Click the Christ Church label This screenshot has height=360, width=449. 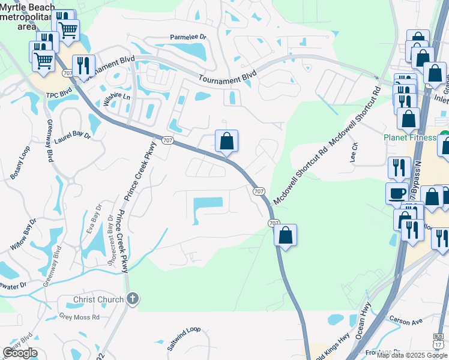click(x=98, y=299)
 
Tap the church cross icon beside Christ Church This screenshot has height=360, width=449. click(x=133, y=298)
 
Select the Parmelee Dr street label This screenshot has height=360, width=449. click(x=188, y=37)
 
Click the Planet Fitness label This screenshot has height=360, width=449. click(x=410, y=137)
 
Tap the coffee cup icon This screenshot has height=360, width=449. click(x=397, y=193)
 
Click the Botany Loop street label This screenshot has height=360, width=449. click(x=23, y=160)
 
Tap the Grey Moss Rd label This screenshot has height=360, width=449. click(x=79, y=316)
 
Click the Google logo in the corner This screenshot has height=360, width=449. click(x=20, y=353)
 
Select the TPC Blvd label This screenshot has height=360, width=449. click(x=59, y=94)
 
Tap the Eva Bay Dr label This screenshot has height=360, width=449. click(x=95, y=223)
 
